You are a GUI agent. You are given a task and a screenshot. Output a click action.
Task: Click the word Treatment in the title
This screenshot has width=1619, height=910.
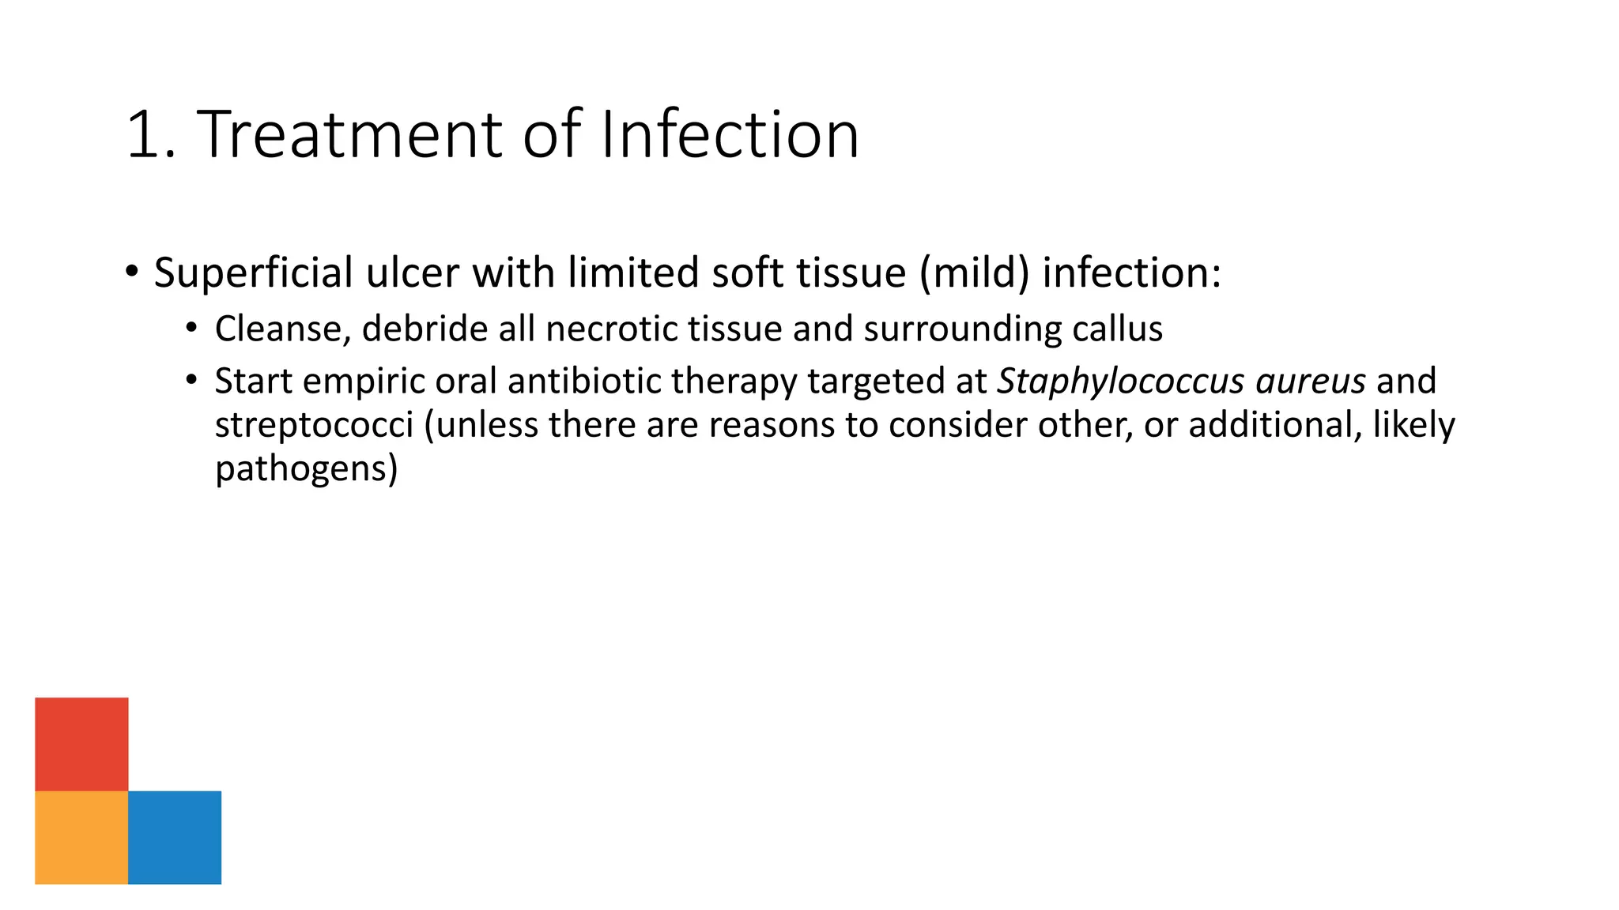coord(350,134)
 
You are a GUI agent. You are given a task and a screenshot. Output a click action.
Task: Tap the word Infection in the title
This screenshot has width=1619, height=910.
coord(729,134)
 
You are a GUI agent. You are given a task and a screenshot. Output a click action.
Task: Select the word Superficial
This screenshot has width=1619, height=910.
coord(253,273)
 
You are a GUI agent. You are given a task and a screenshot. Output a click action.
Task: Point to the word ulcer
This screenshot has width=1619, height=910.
coord(412,273)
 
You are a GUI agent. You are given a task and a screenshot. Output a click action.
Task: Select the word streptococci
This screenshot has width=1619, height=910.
coord(314,425)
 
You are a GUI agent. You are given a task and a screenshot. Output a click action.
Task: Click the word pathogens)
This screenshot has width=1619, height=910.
coord(306,469)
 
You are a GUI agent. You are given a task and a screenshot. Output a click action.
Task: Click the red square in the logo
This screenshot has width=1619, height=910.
coord(81,743)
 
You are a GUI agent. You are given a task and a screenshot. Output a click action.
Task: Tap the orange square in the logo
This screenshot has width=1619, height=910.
coord(81,837)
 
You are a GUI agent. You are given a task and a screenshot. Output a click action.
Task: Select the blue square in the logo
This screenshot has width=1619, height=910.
coord(175,837)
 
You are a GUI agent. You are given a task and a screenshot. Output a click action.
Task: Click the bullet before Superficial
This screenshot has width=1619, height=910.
coord(132,271)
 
